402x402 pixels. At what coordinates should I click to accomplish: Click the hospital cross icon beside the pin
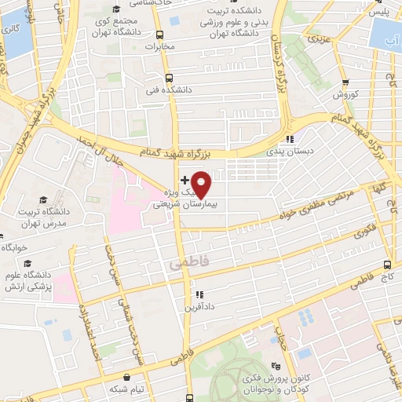(185, 181)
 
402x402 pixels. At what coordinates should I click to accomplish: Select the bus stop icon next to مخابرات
(160, 35)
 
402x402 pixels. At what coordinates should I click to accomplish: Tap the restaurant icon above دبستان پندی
(291, 140)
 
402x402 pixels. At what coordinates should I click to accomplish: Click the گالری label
(10, 29)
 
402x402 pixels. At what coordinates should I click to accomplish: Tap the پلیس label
(380, 13)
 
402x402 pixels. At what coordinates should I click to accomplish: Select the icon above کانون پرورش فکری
(276, 365)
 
